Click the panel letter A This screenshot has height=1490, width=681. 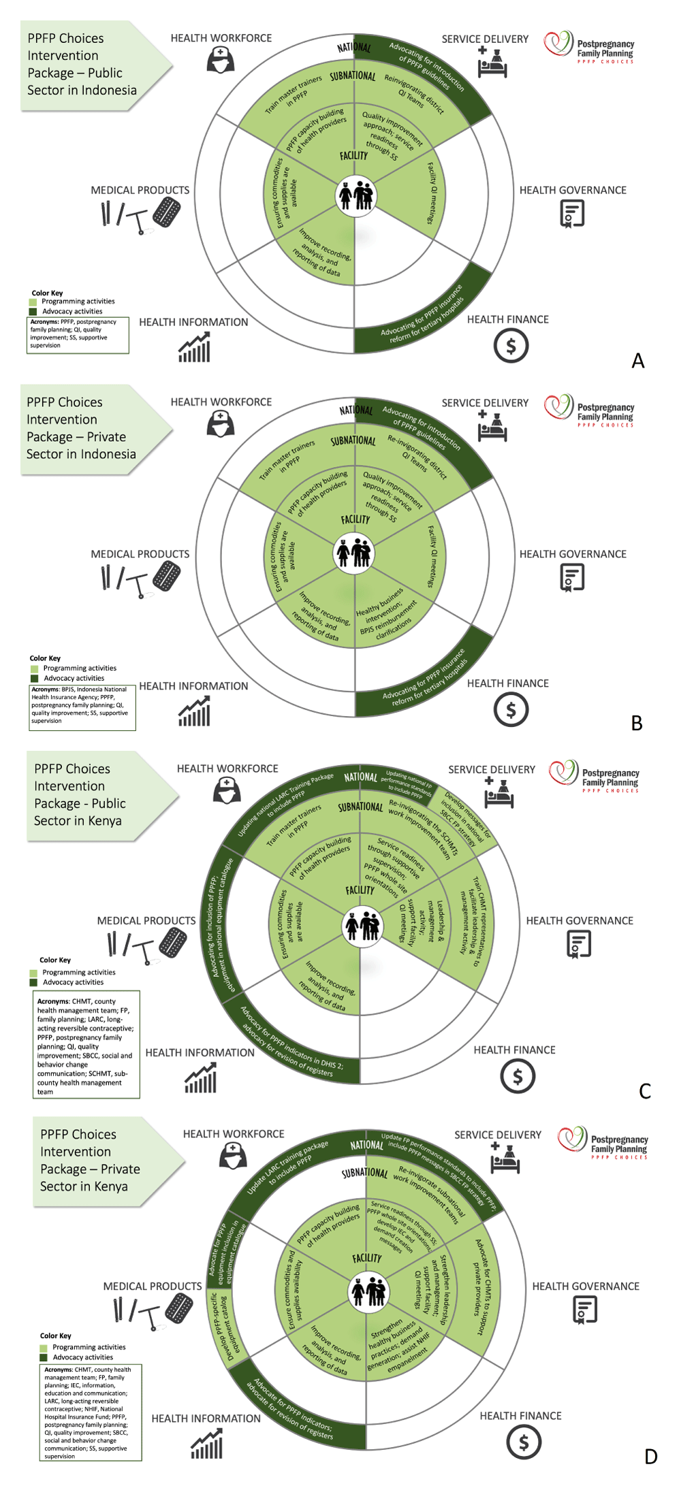coord(637,360)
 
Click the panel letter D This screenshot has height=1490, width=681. coord(650,1456)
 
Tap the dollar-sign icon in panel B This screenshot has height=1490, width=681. coord(511,710)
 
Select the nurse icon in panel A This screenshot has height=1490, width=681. coord(221,60)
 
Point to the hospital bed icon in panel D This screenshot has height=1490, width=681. coord(505,1158)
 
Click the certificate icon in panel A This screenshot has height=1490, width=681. coord(572,214)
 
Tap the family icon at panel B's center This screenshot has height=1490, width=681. coord(355,552)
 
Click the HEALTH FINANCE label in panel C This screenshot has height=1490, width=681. coord(514,1050)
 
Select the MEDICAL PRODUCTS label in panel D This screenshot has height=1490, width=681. coord(153,1286)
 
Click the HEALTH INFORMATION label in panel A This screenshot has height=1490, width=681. coord(193,322)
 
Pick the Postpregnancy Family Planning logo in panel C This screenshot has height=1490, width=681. coord(594,776)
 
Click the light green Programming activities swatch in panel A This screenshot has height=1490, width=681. coord(33,302)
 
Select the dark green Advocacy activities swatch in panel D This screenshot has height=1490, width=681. coord(44,1357)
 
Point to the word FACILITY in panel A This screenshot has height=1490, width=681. coord(353,156)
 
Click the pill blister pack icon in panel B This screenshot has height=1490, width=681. coord(166,576)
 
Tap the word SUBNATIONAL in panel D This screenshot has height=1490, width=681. coord(364,1173)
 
